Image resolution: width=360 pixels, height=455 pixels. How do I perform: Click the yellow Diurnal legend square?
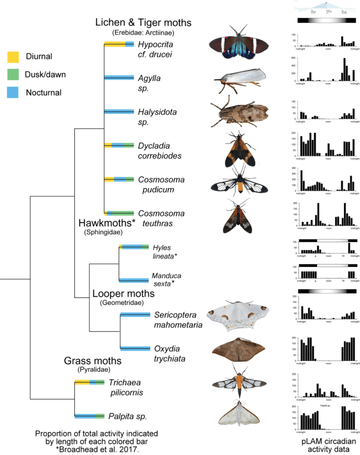(13, 56)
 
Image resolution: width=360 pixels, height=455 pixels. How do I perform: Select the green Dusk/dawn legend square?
(13, 74)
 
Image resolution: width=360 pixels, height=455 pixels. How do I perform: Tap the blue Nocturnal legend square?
(13, 93)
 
